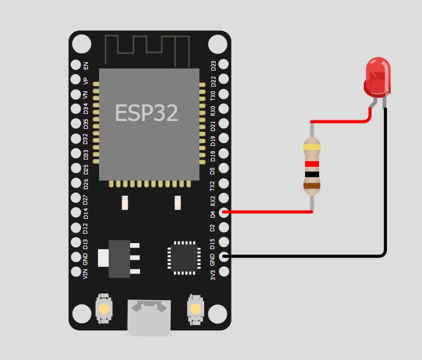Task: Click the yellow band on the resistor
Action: pyautogui.click(x=312, y=146)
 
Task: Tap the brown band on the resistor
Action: pyautogui.click(x=312, y=186)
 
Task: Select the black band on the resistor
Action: pyautogui.click(x=312, y=174)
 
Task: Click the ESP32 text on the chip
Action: pyautogui.click(x=146, y=113)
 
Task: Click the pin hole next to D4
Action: pyautogui.click(x=224, y=212)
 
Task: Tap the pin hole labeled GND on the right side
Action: pyautogui.click(x=224, y=257)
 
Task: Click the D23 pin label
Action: pyautogui.click(x=214, y=65)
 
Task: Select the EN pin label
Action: pyautogui.click(x=85, y=65)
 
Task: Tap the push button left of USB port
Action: pyautogui.click(x=104, y=308)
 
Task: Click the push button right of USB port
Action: pyautogui.click(x=195, y=308)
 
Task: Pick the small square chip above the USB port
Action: pyautogui.click(x=183, y=257)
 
